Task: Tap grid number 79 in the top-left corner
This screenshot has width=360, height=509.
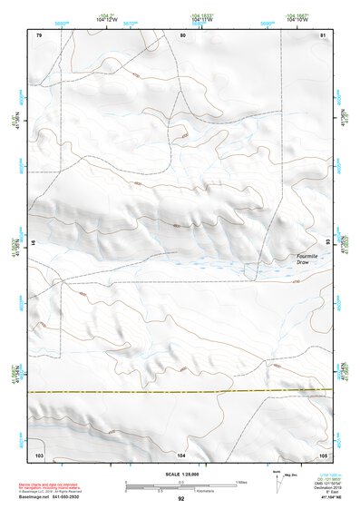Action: click(x=39, y=34)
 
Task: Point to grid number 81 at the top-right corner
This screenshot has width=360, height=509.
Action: click(x=325, y=34)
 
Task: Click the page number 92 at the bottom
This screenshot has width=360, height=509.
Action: click(x=180, y=500)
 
